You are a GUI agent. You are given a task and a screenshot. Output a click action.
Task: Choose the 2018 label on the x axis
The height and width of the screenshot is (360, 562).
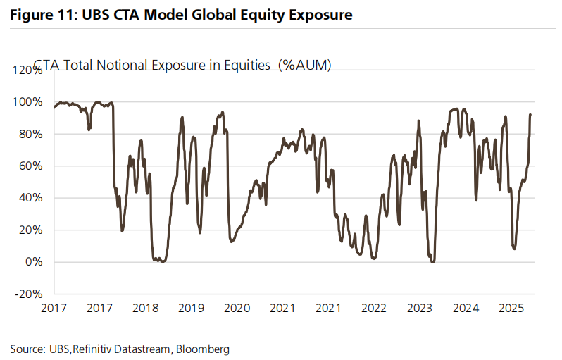click(145, 308)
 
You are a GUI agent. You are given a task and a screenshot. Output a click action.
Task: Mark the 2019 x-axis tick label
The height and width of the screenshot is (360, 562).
click(191, 308)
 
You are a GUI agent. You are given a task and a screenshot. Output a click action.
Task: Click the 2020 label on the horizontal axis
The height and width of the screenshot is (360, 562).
click(237, 308)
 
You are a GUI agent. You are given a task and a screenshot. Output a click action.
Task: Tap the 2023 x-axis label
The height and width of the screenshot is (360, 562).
click(420, 308)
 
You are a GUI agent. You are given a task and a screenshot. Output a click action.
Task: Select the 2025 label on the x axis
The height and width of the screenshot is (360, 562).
click(511, 308)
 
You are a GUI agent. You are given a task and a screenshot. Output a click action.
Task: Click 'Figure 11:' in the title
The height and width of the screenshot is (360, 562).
click(41, 14)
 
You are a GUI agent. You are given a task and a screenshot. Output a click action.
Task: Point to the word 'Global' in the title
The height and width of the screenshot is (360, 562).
click(214, 14)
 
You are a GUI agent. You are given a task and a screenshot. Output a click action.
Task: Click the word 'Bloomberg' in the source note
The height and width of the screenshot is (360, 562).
click(203, 349)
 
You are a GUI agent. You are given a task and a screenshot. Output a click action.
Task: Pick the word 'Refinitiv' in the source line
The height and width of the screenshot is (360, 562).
click(92, 349)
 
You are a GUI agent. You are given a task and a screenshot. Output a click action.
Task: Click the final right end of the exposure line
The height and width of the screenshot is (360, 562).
click(530, 115)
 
